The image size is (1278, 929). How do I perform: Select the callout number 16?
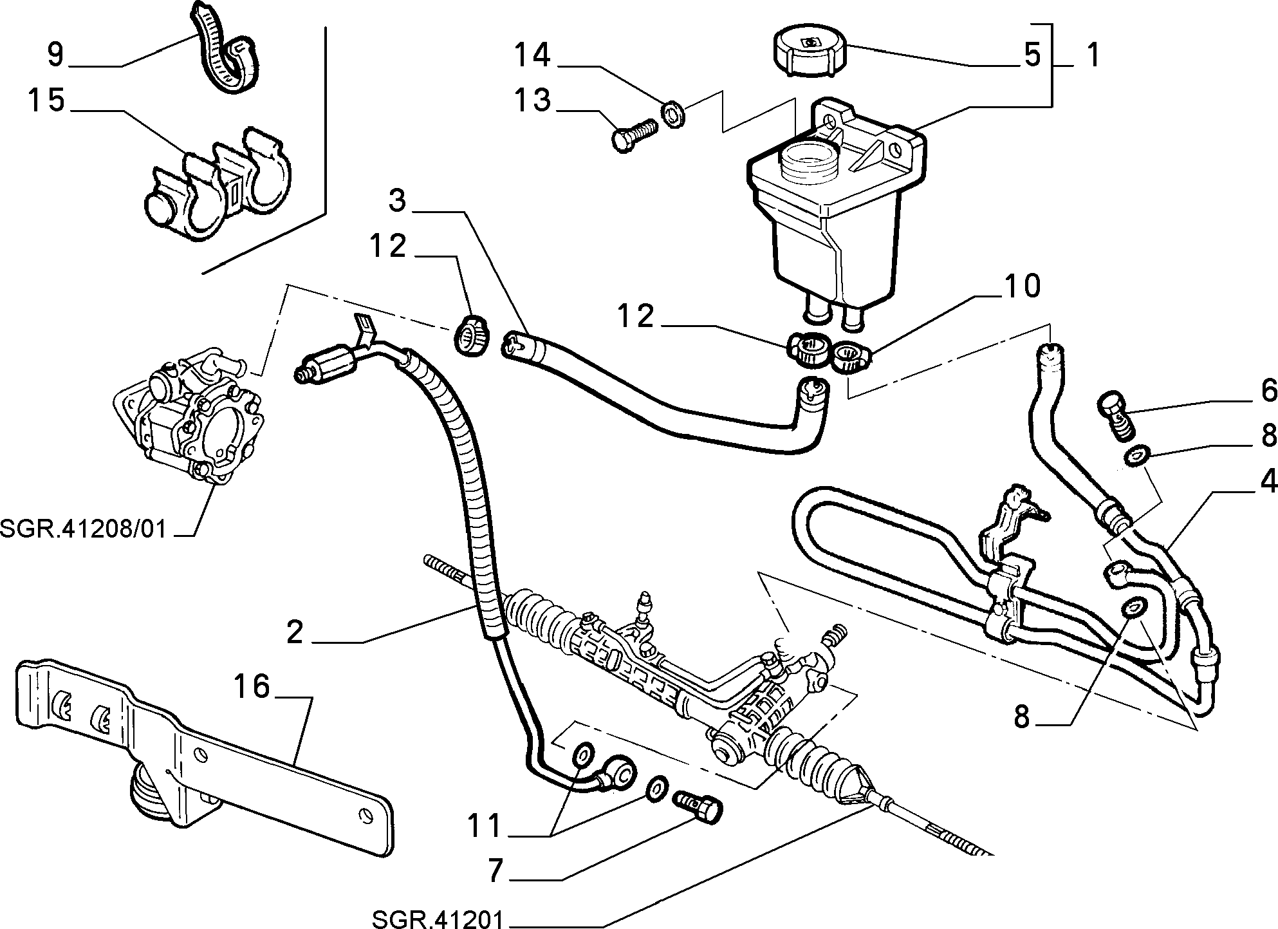click(252, 686)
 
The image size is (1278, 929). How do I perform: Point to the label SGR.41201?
click(437, 917)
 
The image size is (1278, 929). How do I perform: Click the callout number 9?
click(56, 54)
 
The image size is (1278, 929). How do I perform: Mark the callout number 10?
click(1022, 286)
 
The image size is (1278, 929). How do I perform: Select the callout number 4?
click(1267, 481)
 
